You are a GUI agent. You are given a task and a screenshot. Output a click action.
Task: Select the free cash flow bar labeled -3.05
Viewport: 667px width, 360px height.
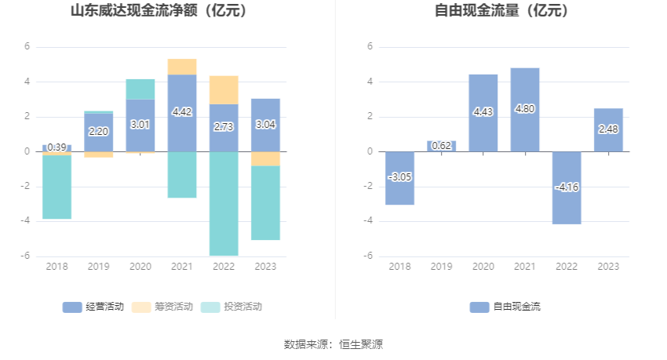(x=399, y=178)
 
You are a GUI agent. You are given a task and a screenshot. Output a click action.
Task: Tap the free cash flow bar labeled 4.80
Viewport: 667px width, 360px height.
(x=524, y=110)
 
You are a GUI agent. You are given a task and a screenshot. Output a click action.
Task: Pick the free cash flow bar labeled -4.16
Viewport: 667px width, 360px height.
(x=567, y=187)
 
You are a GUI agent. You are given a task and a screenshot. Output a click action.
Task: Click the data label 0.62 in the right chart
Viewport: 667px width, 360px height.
(x=441, y=145)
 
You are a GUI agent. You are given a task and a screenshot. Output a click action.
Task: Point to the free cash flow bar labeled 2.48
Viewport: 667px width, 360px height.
(x=608, y=130)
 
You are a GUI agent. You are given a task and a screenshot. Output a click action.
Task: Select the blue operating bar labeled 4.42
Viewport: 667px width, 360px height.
(x=182, y=112)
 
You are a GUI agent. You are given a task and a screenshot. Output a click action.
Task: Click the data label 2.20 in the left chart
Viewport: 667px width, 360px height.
(x=98, y=132)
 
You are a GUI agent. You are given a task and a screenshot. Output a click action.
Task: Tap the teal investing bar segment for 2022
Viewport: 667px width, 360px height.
(x=224, y=203)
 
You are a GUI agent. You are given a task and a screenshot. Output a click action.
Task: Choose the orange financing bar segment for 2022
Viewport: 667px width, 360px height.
(x=224, y=90)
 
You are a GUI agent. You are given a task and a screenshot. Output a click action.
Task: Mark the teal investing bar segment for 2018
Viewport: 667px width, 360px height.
(x=56, y=187)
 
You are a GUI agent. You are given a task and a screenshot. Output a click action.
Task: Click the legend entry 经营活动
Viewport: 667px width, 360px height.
(x=93, y=307)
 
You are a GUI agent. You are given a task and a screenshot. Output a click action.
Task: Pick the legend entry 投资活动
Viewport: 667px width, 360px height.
(x=231, y=307)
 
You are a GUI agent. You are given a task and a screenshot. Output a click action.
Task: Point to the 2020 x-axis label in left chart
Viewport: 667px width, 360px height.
(x=140, y=267)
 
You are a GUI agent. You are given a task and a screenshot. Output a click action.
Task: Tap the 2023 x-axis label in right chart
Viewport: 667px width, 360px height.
(x=608, y=267)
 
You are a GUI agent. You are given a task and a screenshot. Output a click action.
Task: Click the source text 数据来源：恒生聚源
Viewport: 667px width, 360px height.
(x=333, y=344)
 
